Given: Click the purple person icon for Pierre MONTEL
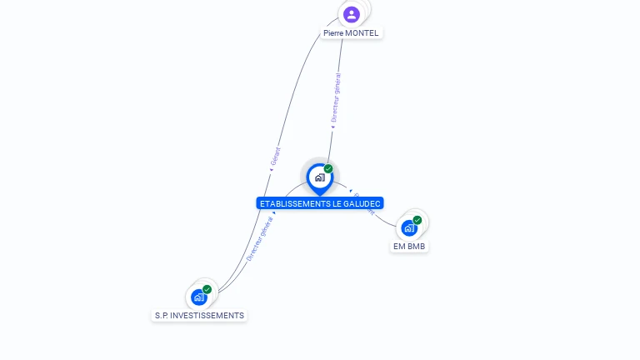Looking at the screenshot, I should coord(352,14).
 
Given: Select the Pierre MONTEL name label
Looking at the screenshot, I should coord(351,33).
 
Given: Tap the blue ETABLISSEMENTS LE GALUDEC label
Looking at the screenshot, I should coord(320,203).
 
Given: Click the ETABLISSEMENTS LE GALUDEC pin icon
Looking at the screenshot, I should coord(318,177).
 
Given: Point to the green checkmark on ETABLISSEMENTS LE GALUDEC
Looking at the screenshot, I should coord(328,169).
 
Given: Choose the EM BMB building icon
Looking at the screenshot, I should coord(408,227).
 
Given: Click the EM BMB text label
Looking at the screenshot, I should coord(410,247).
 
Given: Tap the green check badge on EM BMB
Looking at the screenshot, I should coord(417,221).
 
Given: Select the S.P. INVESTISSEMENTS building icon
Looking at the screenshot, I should coord(198,297).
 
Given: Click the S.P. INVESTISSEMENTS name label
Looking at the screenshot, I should coord(200,316).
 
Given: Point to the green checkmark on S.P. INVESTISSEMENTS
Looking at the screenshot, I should coord(207,290).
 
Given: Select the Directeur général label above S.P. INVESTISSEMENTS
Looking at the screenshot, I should coord(259,239).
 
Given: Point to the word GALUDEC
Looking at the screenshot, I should coord(361,203).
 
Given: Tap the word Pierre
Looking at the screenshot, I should coord(333,33).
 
